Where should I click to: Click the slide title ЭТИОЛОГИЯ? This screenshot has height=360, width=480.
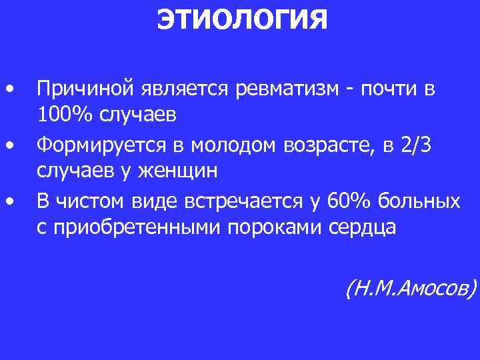pyautogui.click(x=242, y=20)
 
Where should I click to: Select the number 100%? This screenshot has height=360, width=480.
pyautogui.click(x=66, y=115)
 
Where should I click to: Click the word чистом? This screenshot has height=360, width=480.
pyautogui.click(x=90, y=200)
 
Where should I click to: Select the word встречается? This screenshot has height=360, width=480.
pyautogui.click(x=230, y=200)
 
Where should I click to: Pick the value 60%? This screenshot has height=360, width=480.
pyautogui.click(x=347, y=200)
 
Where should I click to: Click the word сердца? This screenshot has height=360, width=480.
pyautogui.click(x=363, y=227)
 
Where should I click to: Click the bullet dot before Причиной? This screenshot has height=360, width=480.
pyautogui.click(x=9, y=89)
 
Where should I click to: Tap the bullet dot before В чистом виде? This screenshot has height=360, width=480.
pyautogui.click(x=9, y=201)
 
